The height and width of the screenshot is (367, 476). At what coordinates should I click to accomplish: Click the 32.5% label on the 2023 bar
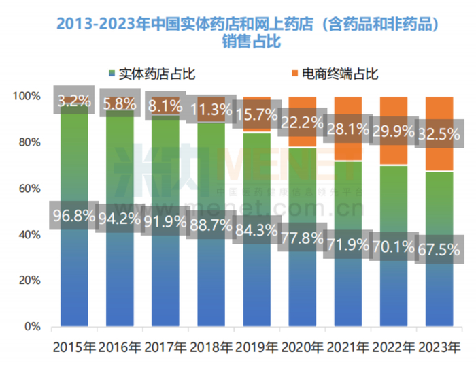436,135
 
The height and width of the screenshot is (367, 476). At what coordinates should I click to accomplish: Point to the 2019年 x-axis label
256,347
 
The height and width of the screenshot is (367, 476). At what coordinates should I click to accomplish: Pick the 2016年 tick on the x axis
120,347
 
